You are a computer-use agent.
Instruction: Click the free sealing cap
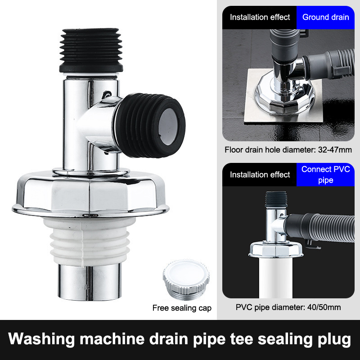tap(186, 279)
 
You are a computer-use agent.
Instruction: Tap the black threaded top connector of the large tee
tap(91, 50)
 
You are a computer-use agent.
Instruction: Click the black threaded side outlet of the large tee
tap(150, 126)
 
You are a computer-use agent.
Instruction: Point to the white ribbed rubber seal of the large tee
tap(90, 241)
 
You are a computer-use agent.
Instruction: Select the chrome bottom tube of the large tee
tap(89, 282)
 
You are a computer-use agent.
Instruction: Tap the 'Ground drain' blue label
tap(325, 17)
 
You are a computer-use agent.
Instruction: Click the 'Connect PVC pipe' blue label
tap(325, 175)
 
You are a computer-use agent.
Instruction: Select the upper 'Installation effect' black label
tap(260, 17)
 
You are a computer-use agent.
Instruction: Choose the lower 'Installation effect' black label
tap(260, 175)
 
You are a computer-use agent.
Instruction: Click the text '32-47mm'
tap(335, 150)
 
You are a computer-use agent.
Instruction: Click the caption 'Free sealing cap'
tap(182, 308)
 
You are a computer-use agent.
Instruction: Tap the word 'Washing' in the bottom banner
tap(41, 339)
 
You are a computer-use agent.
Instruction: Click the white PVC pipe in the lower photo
tap(275, 278)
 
